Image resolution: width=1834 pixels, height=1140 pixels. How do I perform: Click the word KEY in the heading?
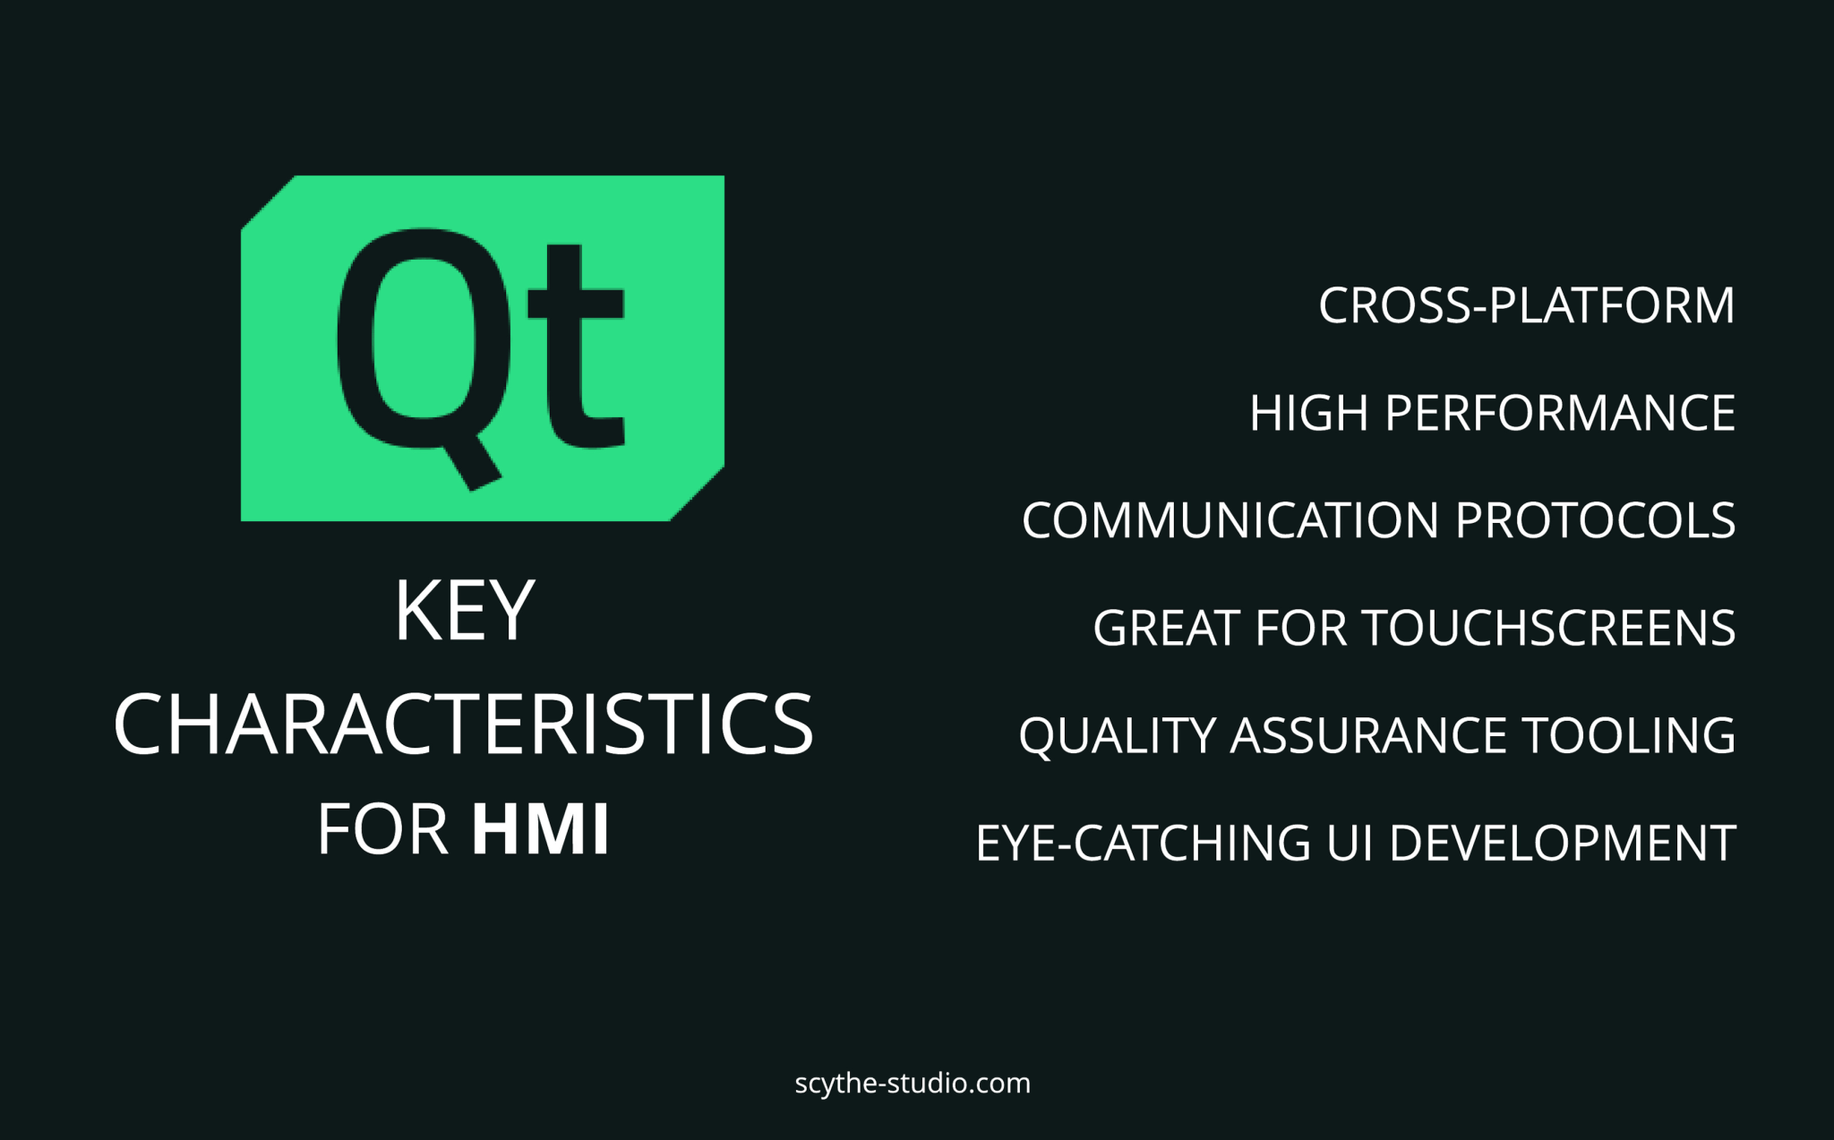tap(464, 611)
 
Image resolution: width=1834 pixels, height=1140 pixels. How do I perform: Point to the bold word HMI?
tap(541, 829)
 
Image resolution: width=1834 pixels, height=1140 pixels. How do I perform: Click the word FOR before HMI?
tap(382, 829)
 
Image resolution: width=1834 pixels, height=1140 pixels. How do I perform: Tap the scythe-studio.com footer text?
tap(913, 1084)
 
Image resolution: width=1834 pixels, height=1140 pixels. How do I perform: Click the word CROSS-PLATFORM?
tap(1526, 305)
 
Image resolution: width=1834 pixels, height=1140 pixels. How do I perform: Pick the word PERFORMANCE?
tap(1559, 413)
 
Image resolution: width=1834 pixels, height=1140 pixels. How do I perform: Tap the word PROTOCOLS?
tap(1595, 520)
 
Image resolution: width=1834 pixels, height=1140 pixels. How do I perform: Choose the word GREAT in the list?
tap(1166, 628)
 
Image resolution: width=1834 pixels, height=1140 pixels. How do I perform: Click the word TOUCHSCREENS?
tap(1549, 628)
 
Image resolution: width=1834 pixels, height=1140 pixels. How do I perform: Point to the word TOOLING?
tap(1629, 735)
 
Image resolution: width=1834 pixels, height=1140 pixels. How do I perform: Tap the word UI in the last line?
tap(1350, 843)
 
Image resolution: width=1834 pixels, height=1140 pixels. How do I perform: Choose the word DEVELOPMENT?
tap(1563, 843)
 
